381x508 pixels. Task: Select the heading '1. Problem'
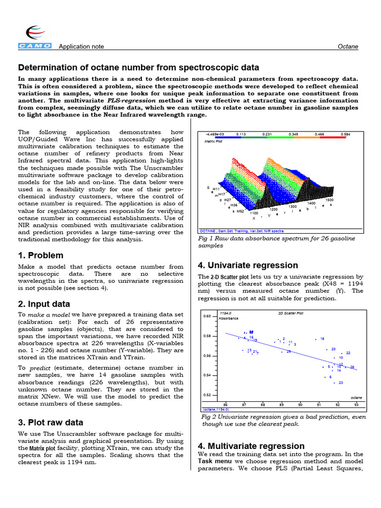tap(41, 255)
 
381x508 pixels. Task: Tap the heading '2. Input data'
tap(44, 304)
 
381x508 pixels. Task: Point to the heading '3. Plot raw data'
tap(51, 423)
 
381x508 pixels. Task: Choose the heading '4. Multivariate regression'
tap(251, 446)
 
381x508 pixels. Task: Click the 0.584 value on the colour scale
tap(346, 134)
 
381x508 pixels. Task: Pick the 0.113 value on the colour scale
tap(241, 134)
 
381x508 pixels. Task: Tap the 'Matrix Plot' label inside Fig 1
tap(213, 141)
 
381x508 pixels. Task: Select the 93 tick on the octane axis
tap(356, 405)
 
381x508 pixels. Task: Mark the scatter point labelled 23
tap(335, 383)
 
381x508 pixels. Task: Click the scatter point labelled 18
tap(317, 339)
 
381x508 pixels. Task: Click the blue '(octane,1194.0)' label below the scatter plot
tap(215, 410)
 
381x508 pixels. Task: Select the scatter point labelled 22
tap(342, 353)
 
